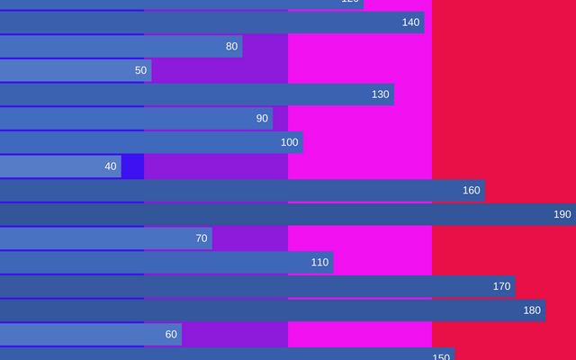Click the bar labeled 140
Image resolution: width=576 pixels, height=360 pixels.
[x=211, y=22]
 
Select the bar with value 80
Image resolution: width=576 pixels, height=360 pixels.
[x=121, y=46]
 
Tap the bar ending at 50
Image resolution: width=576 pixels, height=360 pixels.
[x=76, y=70]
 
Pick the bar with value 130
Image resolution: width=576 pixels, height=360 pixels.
[x=196, y=94]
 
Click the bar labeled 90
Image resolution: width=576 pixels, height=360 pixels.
[x=136, y=119]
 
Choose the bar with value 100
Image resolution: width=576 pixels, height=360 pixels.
[x=151, y=142]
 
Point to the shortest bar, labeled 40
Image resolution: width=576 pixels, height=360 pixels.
[x=60, y=166]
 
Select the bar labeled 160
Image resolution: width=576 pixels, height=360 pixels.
[x=242, y=191]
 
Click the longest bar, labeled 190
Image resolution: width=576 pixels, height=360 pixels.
[x=288, y=214]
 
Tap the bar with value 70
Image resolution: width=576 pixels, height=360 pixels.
[x=105, y=238]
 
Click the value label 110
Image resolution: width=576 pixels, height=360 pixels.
[x=319, y=263]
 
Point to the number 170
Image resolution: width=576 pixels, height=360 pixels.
[x=501, y=286]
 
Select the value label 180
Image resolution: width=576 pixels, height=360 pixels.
[x=532, y=310]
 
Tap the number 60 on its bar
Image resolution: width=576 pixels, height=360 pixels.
[x=171, y=335]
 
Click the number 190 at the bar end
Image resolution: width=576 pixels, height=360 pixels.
[x=562, y=214]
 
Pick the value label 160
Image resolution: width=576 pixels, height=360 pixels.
[x=472, y=191]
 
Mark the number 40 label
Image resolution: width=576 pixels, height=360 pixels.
[x=111, y=166]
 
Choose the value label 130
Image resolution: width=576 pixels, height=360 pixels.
[x=381, y=94]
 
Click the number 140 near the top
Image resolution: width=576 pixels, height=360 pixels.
[x=410, y=22]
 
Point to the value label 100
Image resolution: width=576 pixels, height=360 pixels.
[x=289, y=142]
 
